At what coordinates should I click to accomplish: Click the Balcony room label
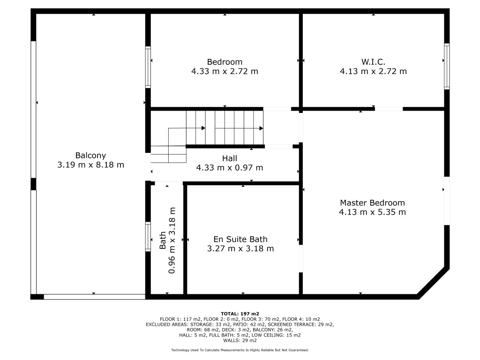[x=90, y=156]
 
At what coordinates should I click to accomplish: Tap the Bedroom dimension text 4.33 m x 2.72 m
[x=225, y=71]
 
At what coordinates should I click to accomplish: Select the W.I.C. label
[x=373, y=62]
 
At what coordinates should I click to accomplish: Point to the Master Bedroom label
[x=372, y=202]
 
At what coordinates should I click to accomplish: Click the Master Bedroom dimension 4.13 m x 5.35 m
[x=372, y=212]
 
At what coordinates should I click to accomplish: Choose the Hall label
[x=230, y=158]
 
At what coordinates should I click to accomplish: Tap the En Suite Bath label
[x=240, y=239]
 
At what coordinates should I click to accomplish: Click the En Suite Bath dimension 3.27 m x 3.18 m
[x=240, y=248]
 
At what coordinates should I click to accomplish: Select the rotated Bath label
[x=163, y=240]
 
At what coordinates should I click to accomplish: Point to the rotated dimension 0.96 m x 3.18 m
[x=172, y=240]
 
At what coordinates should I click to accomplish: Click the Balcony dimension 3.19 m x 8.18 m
[x=90, y=165]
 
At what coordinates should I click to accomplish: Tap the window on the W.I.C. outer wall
[x=447, y=67]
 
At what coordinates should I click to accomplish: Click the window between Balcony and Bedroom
[x=148, y=67]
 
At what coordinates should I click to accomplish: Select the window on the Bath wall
[x=148, y=236]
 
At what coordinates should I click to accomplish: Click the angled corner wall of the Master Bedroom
[x=433, y=283]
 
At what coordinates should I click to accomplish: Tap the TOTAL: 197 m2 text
[x=240, y=314]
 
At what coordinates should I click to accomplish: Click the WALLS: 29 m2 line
[x=240, y=340]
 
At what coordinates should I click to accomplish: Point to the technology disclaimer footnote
[x=240, y=350]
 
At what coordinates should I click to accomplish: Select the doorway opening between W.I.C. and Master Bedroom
[x=389, y=109]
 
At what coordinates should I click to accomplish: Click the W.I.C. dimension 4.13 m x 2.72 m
[x=373, y=71]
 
